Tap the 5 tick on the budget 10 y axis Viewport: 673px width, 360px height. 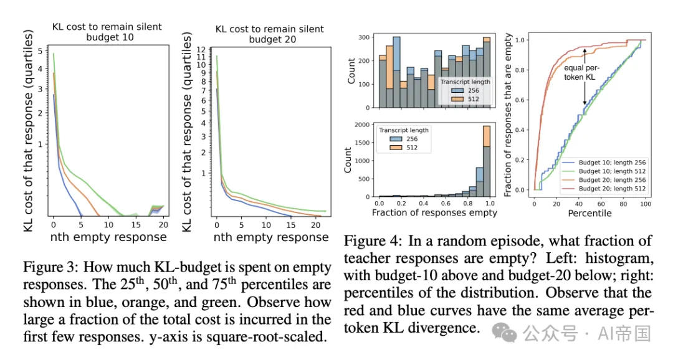click(x=41, y=50)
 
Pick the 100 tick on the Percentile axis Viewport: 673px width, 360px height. click(x=646, y=203)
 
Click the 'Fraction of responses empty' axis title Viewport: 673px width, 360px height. click(x=434, y=213)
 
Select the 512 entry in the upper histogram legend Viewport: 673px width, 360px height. click(x=468, y=100)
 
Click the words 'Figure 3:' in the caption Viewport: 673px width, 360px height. click(x=52, y=268)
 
